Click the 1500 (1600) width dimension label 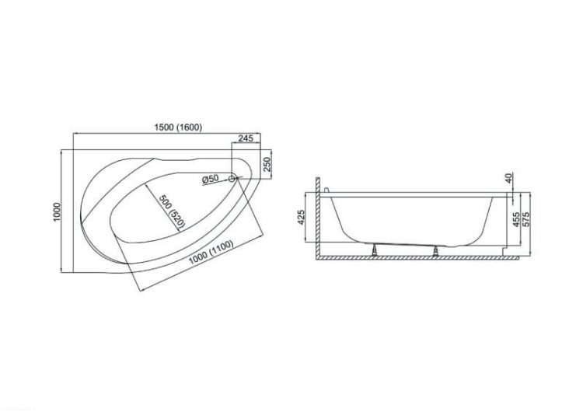178,127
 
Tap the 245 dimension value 246,138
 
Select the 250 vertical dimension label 267,164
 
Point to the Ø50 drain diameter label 211,179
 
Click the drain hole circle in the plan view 232,179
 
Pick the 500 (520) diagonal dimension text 172,211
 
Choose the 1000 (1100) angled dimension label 211,252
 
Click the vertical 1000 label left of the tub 57,212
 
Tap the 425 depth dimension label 301,217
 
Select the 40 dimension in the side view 509,178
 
